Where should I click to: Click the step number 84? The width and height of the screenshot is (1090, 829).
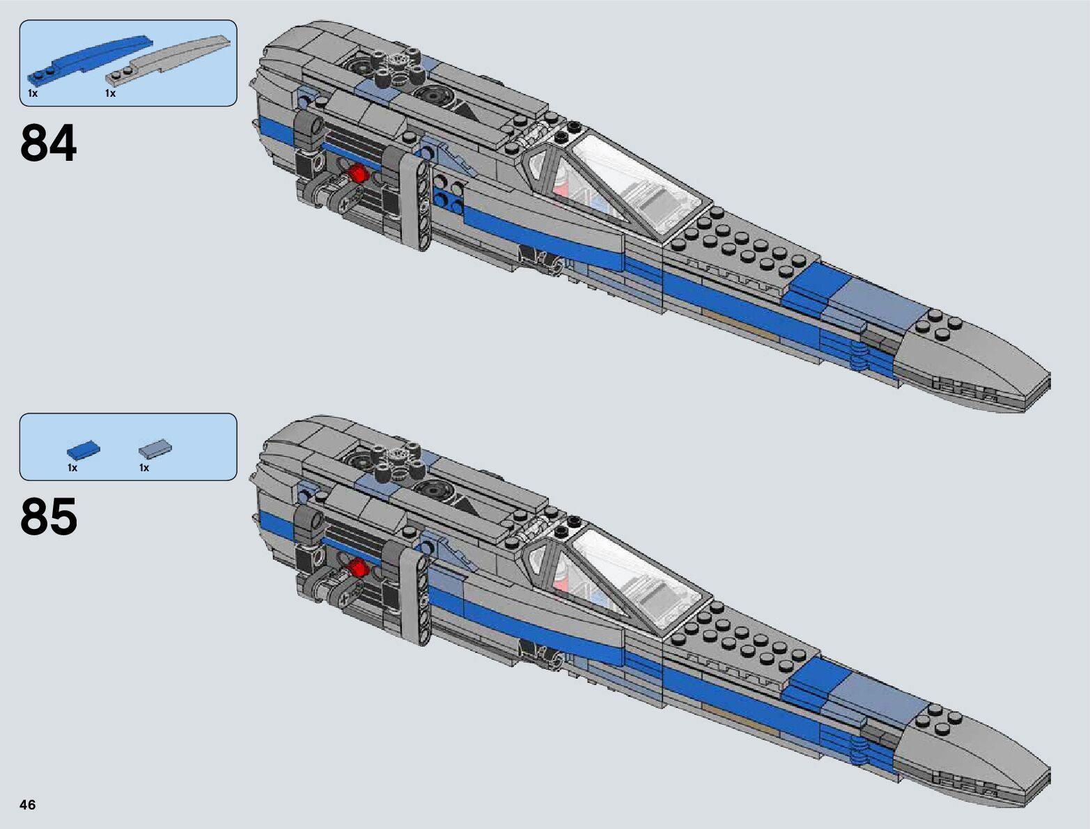tap(48, 143)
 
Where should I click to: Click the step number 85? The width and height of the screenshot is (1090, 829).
tap(48, 517)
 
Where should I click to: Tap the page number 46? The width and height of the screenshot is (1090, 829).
tap(28, 805)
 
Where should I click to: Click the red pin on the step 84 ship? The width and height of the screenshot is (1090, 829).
tap(359, 173)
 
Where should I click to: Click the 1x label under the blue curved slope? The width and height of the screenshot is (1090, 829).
tap(33, 93)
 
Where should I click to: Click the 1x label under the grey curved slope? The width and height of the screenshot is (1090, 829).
tap(110, 93)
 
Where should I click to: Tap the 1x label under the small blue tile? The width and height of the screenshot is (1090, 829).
tap(72, 468)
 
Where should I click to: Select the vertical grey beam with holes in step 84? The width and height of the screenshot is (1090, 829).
tap(423, 202)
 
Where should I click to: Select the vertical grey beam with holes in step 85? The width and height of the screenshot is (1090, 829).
tap(423, 595)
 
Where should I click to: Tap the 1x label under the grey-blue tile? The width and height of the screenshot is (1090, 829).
tap(144, 468)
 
